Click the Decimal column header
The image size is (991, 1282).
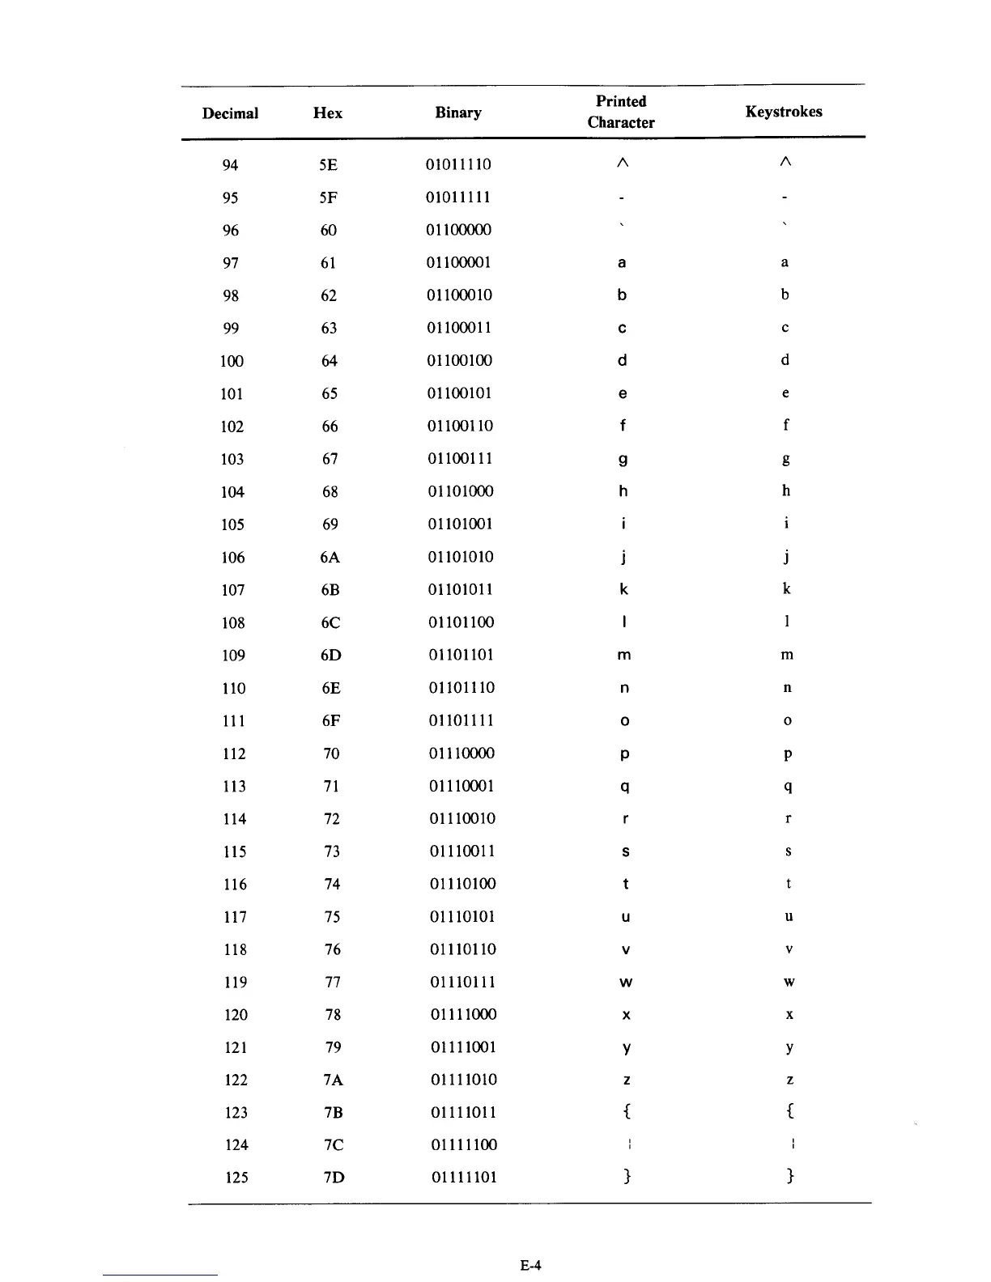[230, 113]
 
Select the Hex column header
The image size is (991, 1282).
[327, 113]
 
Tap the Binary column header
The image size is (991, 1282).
[458, 112]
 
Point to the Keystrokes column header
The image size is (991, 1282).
[783, 112]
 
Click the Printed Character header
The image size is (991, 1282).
[621, 112]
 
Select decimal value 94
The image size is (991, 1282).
[230, 165]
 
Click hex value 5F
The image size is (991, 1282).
[328, 197]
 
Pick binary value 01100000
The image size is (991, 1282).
[458, 230]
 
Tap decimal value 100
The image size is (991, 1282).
[232, 361]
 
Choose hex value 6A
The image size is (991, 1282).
[330, 557]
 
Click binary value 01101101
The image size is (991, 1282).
[461, 655]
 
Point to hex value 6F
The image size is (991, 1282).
[330, 720]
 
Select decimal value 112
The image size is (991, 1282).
[234, 753]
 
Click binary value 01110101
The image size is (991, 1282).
[462, 916]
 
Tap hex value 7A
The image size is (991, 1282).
[332, 1080]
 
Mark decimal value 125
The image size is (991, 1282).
[236, 1178]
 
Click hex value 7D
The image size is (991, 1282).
[333, 1178]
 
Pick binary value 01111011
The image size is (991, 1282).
[463, 1112]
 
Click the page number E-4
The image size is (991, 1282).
[530, 1265]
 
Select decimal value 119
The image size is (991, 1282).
[235, 982]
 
